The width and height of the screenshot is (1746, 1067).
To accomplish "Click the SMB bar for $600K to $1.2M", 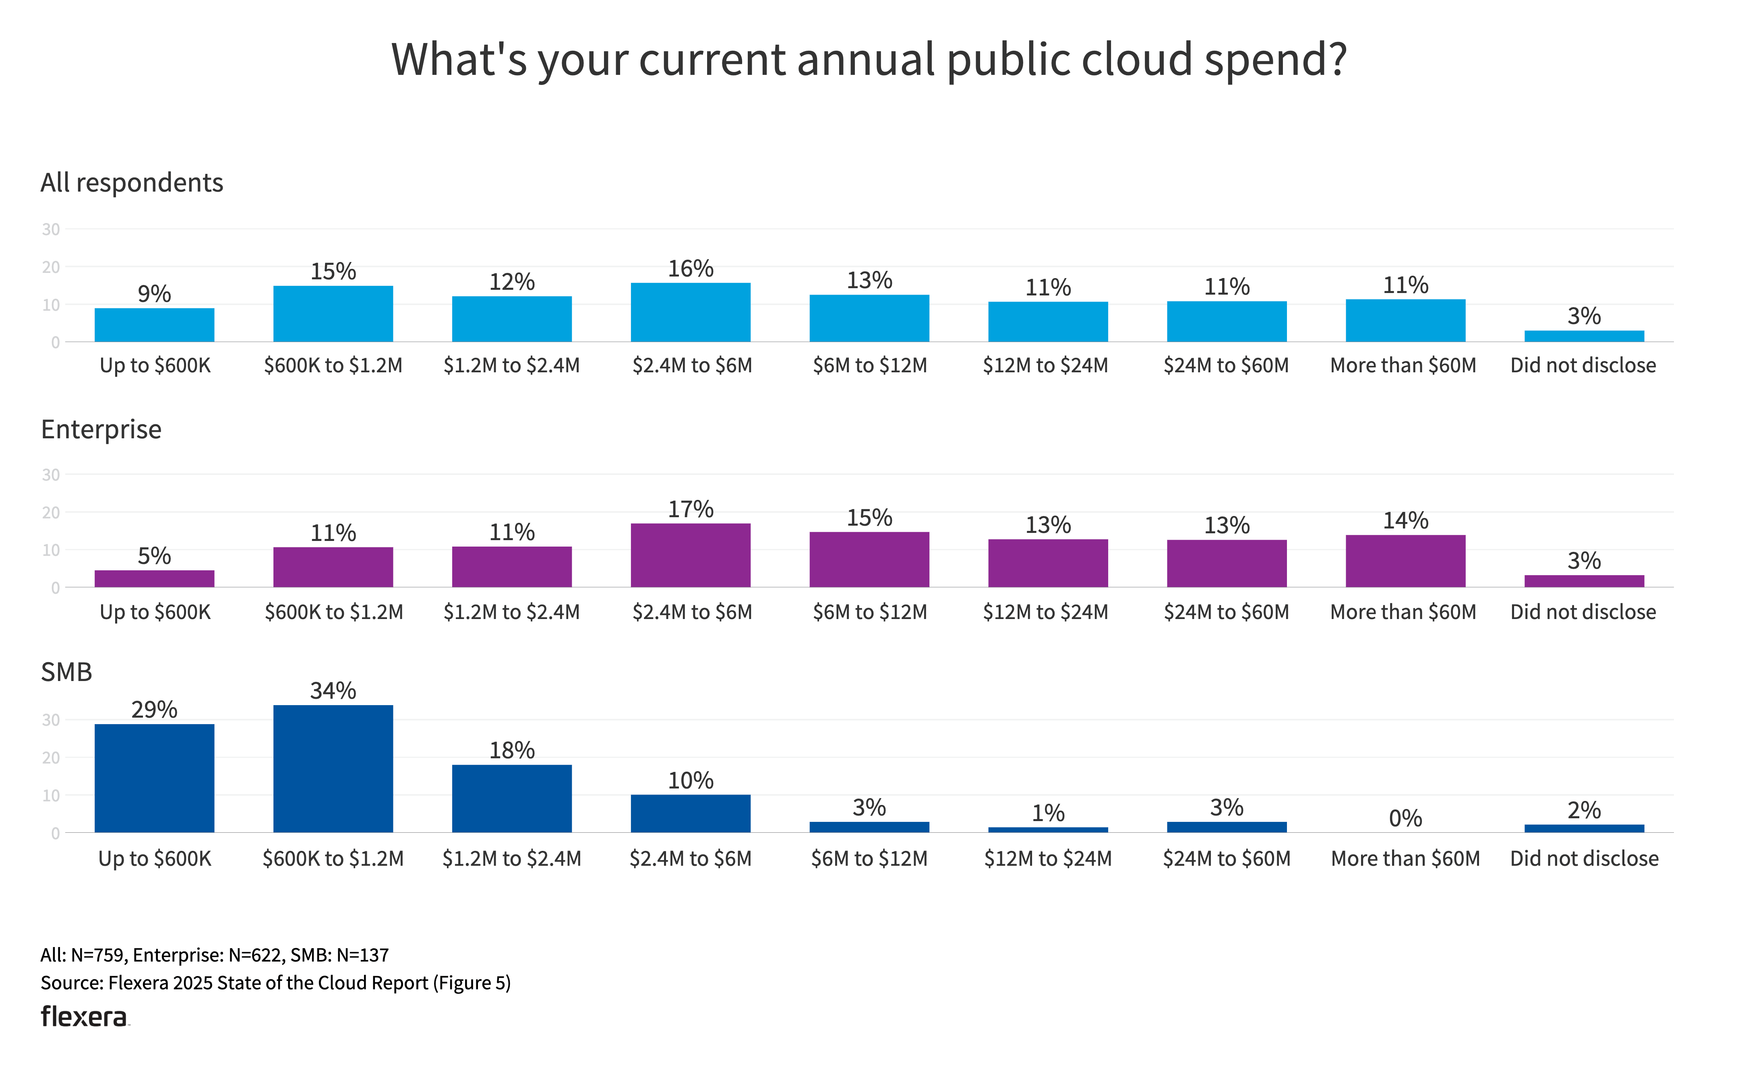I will click(x=333, y=769).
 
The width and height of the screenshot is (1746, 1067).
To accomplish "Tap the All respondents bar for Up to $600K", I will click(x=155, y=325).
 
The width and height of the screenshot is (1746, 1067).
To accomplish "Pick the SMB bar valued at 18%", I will click(x=512, y=799).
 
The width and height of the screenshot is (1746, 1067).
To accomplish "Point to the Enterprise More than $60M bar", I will click(x=1405, y=561).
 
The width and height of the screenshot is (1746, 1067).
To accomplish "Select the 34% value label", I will click(x=333, y=691).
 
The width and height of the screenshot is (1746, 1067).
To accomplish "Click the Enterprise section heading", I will click(x=101, y=429).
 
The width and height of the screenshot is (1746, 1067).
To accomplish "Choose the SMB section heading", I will click(x=66, y=672).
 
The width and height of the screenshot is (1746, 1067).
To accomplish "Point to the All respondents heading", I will click(x=132, y=183).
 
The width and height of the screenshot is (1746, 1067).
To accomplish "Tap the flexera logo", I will click(x=84, y=1017).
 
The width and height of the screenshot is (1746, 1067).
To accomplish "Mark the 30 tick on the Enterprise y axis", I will click(x=51, y=475).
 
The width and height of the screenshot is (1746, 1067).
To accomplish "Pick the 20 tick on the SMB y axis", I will click(x=51, y=758).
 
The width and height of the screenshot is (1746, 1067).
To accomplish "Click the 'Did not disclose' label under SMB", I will click(x=1585, y=859).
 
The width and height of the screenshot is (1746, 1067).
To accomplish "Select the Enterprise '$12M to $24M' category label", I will click(x=1045, y=612).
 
